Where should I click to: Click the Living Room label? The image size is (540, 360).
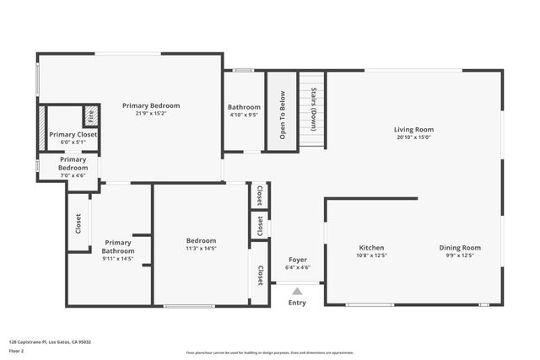[x=413, y=130]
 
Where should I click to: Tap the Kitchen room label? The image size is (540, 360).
[x=371, y=248]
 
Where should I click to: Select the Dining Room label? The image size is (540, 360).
[x=460, y=248]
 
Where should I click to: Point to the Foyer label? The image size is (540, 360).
[x=298, y=260]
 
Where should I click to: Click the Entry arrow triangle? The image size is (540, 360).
[x=297, y=290]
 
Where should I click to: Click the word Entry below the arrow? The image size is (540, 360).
[x=297, y=303]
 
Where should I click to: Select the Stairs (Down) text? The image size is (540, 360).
[x=313, y=110]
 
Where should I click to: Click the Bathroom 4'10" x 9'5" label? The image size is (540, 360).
[x=244, y=108]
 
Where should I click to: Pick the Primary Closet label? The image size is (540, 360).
[x=73, y=135]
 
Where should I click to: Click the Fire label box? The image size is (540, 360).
[x=90, y=116]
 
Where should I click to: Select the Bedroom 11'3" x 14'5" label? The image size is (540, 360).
[x=201, y=240]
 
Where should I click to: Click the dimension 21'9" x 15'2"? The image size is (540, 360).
[x=151, y=115]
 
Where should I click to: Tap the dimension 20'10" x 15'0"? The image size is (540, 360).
[x=413, y=138]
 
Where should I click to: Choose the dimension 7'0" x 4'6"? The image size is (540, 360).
[x=73, y=175]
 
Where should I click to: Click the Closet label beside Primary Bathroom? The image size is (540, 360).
[x=78, y=223]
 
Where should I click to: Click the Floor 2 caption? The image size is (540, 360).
[x=18, y=352]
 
